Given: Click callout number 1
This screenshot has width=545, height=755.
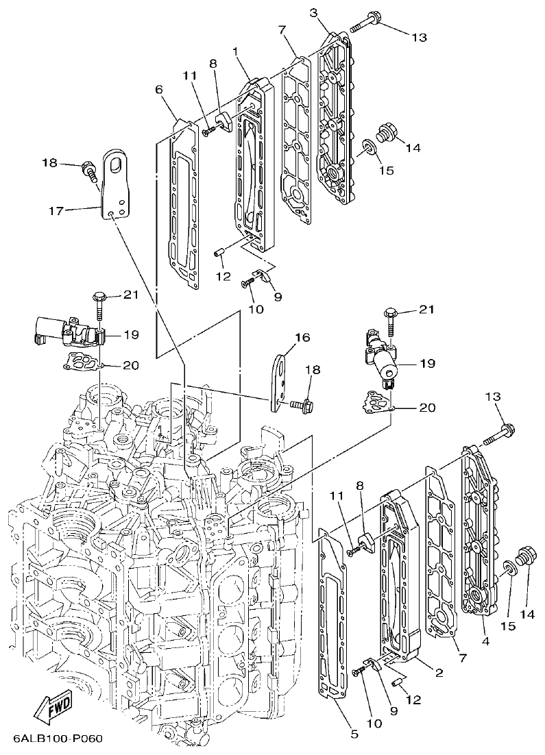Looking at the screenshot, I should tap(235, 51).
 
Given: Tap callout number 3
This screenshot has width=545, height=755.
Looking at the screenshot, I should tap(313, 12).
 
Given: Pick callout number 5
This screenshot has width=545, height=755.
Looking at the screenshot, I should tap(354, 734).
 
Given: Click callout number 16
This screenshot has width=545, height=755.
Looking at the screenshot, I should tap(302, 337).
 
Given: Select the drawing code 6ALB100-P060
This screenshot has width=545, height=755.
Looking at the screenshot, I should tap(57, 740).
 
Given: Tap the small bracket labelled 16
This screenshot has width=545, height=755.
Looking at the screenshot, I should tap(278, 384).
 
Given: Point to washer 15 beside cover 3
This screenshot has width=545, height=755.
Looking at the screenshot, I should tap(369, 147).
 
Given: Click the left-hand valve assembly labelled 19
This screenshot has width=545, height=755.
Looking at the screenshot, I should tap(65, 332).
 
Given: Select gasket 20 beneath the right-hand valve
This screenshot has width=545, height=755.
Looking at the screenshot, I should tap(376, 402).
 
